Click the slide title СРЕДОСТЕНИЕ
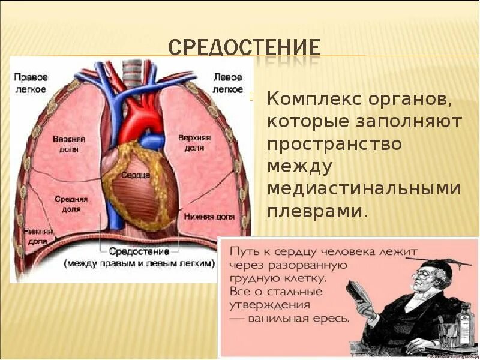(244, 49)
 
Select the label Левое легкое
(228, 83)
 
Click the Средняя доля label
(71, 203)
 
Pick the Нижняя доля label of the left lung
(209, 216)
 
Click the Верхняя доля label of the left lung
(194, 142)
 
